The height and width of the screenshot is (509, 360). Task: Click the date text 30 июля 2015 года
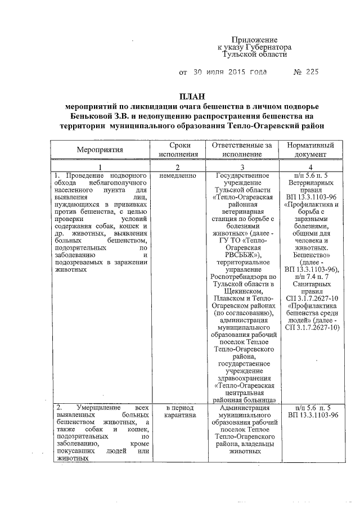227,73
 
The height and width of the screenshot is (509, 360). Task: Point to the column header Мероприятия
100,150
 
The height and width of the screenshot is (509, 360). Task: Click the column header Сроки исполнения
178,150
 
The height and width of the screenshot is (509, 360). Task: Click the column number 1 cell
100,167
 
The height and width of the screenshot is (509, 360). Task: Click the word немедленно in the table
178,175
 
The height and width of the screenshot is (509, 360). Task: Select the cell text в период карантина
178,411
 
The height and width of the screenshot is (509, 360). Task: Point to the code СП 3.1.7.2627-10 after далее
312,328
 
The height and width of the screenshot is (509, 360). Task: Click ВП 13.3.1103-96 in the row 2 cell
312,415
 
